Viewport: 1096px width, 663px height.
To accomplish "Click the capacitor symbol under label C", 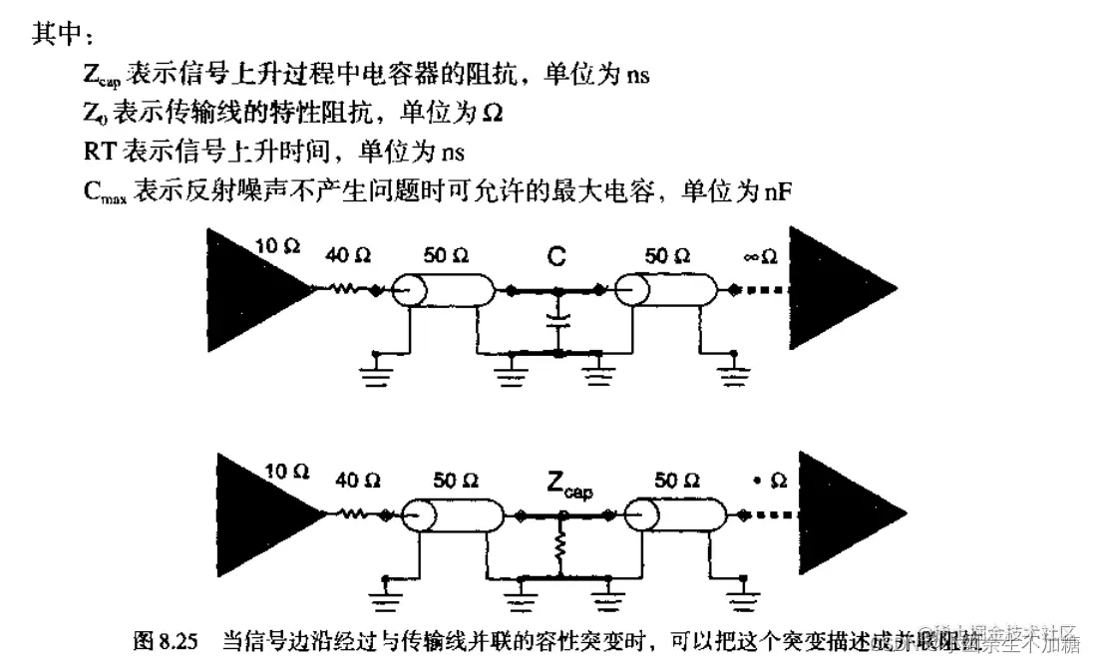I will (558, 321).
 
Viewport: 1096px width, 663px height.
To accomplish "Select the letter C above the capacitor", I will (557, 257).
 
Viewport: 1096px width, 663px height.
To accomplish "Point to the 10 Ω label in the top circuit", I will (278, 246).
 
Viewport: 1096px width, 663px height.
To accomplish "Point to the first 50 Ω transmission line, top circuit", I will (446, 290).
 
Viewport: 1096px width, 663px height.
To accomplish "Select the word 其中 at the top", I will (60, 36).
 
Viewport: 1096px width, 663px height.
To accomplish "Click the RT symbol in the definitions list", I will (102, 153).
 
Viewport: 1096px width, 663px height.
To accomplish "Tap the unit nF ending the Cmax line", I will (778, 190).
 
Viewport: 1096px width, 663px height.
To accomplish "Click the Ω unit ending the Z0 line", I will (492, 114).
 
